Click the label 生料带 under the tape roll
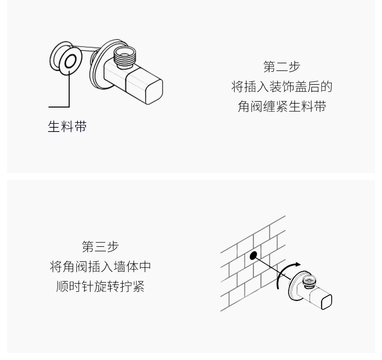coord(67,127)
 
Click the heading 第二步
coord(282,66)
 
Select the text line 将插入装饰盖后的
coord(282,86)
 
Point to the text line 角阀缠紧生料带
coord(282,106)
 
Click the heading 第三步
coord(100,246)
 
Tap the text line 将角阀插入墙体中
coord(100,266)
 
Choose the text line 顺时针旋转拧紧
coord(100,286)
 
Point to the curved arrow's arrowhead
coord(298,264)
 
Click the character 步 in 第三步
coord(113,246)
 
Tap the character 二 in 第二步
coord(282,66)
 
